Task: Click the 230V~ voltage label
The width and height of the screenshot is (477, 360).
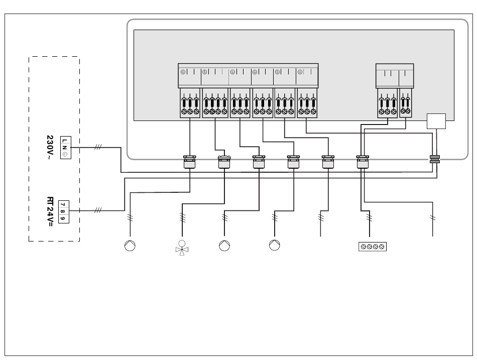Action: (x=50, y=148)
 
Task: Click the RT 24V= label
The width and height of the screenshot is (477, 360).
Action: (x=50, y=212)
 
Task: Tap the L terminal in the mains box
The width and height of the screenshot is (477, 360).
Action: (x=64, y=141)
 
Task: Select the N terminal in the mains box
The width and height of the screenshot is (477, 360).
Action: (x=64, y=148)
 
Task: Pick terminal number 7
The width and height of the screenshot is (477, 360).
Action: (x=63, y=204)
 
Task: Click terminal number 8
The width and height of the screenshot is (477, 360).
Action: (x=63, y=211)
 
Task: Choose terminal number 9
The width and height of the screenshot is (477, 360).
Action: (x=63, y=218)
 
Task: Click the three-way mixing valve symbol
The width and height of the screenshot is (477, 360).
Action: (x=182, y=248)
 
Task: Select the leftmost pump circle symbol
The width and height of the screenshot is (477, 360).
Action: (x=130, y=246)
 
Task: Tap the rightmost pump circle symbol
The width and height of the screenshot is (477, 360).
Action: (x=274, y=245)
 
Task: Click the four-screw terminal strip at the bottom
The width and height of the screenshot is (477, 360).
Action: (x=373, y=247)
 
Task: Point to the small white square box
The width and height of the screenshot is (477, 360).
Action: (x=436, y=121)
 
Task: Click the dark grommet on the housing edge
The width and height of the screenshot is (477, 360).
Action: (x=435, y=159)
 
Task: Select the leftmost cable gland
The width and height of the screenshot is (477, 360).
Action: (x=189, y=162)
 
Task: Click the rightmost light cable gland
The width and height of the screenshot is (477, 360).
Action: (x=363, y=162)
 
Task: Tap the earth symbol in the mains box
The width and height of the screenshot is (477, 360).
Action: (x=64, y=155)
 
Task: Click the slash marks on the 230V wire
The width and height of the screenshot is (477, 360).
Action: (x=97, y=147)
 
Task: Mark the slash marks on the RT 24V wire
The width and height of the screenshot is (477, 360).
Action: (x=97, y=210)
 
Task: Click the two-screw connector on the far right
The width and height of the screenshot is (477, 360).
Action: (x=406, y=103)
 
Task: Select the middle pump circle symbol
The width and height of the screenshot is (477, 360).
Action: (x=224, y=246)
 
